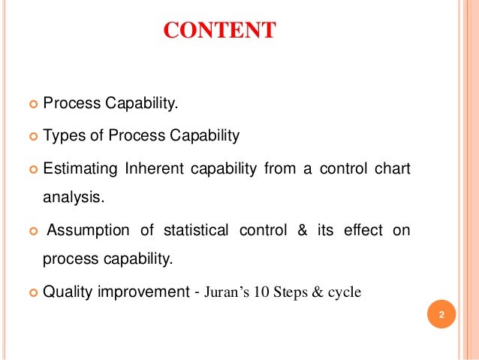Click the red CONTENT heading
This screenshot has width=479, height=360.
(x=219, y=31)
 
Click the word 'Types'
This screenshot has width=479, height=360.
(x=63, y=136)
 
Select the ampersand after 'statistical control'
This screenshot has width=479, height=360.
(x=303, y=230)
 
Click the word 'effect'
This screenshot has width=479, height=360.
(x=363, y=230)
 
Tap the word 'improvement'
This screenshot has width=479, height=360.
(x=146, y=292)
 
